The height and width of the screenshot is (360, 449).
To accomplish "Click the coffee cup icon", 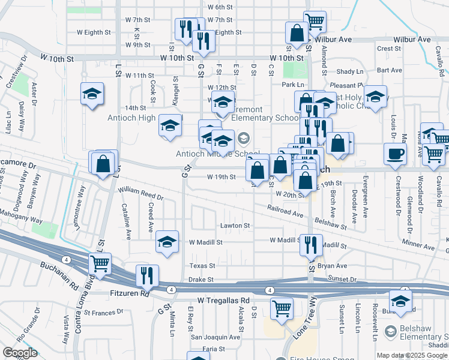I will click(395, 154).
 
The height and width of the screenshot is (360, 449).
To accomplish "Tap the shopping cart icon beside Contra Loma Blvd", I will click(100, 263).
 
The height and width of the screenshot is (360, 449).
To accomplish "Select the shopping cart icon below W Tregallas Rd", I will click(282, 308).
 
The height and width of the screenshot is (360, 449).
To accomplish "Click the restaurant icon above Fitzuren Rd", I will click(147, 275).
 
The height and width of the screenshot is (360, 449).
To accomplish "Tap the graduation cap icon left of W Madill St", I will click(167, 242).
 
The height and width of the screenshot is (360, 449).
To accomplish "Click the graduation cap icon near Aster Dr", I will click(92, 94).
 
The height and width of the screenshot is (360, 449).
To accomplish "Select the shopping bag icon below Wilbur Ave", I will click(297, 33).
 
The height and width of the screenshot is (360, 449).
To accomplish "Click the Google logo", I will click(20, 353).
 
